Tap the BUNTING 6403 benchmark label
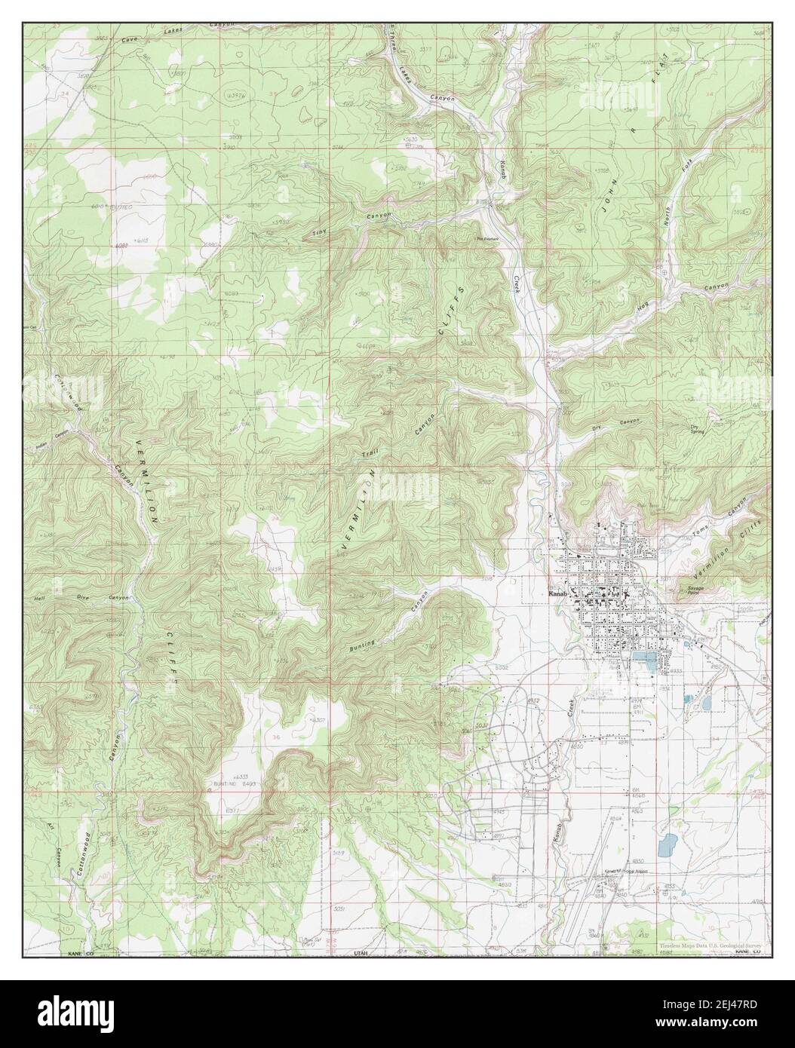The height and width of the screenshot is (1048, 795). point(226,783)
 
